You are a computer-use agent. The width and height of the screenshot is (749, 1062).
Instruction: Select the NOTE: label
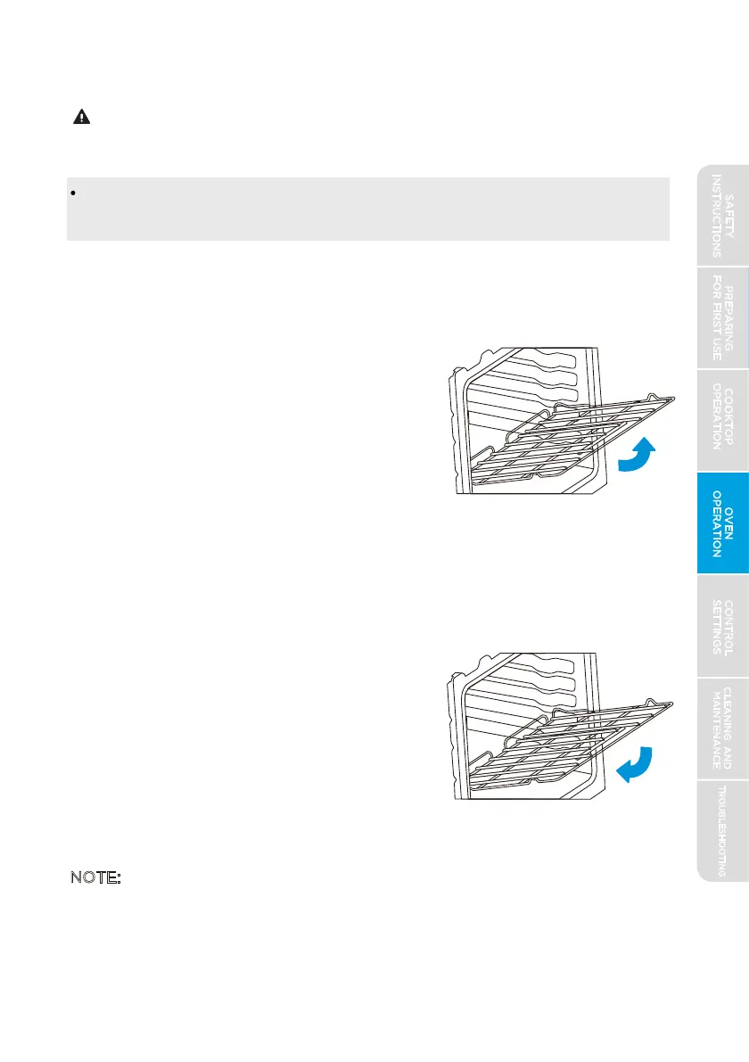(x=95, y=878)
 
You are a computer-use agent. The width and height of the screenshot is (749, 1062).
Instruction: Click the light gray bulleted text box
(x=367, y=209)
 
